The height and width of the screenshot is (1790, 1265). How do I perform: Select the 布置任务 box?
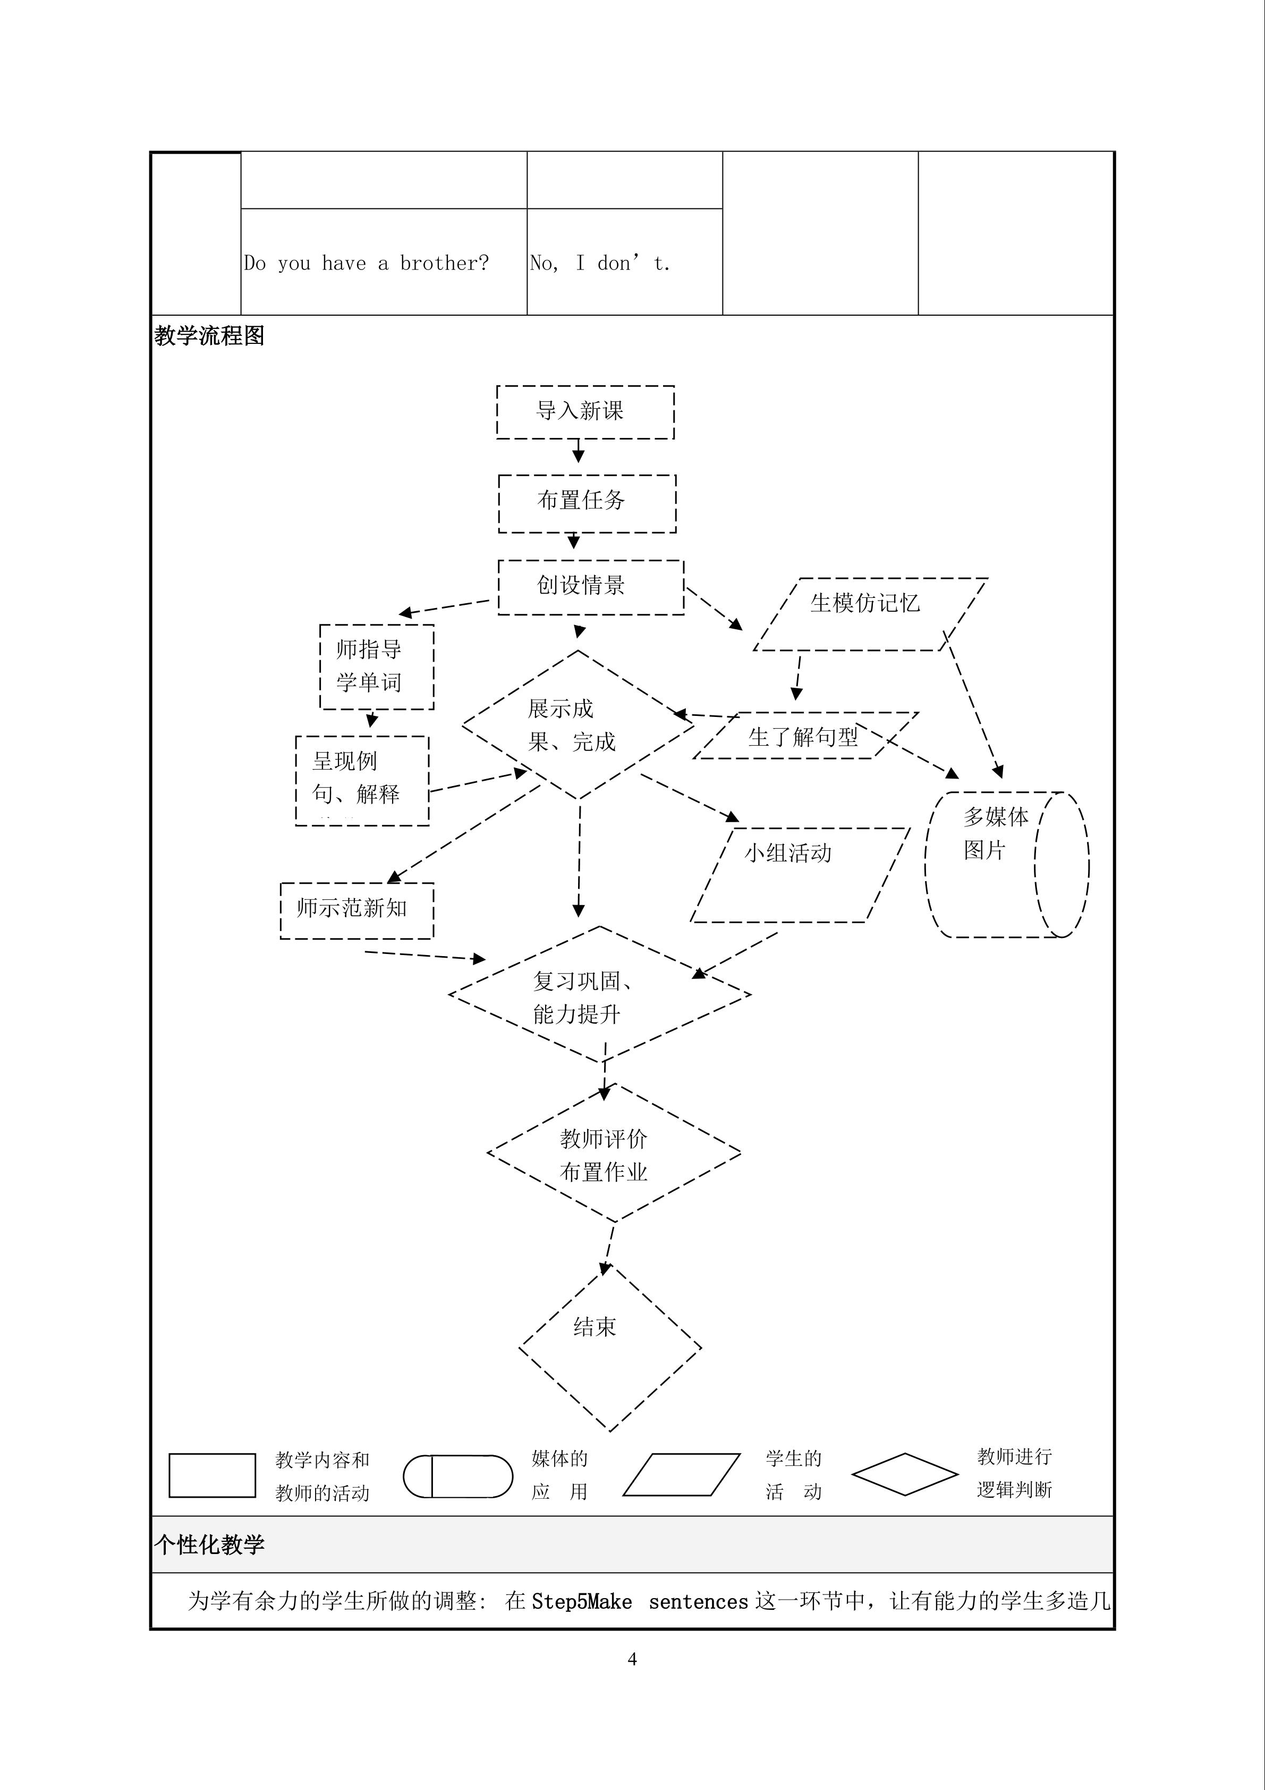click(x=587, y=503)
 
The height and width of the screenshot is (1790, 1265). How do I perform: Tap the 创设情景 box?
click(x=590, y=586)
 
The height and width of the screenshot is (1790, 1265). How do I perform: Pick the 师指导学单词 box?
click(x=377, y=666)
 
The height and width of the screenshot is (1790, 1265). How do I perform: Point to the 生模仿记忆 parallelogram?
click(x=869, y=613)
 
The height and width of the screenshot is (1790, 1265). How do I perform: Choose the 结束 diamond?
click(x=609, y=1347)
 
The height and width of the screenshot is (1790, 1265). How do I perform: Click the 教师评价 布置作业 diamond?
click(x=614, y=1153)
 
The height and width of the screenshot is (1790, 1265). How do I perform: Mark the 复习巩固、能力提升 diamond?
click(x=599, y=995)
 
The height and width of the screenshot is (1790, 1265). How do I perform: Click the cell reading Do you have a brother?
click(x=367, y=264)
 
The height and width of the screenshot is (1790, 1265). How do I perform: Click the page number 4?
click(x=632, y=1659)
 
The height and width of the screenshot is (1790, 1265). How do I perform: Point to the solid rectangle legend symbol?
click(x=212, y=1475)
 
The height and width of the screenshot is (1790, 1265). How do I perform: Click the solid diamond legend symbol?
click(x=904, y=1473)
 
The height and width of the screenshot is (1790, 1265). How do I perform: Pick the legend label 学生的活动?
click(x=793, y=1474)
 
